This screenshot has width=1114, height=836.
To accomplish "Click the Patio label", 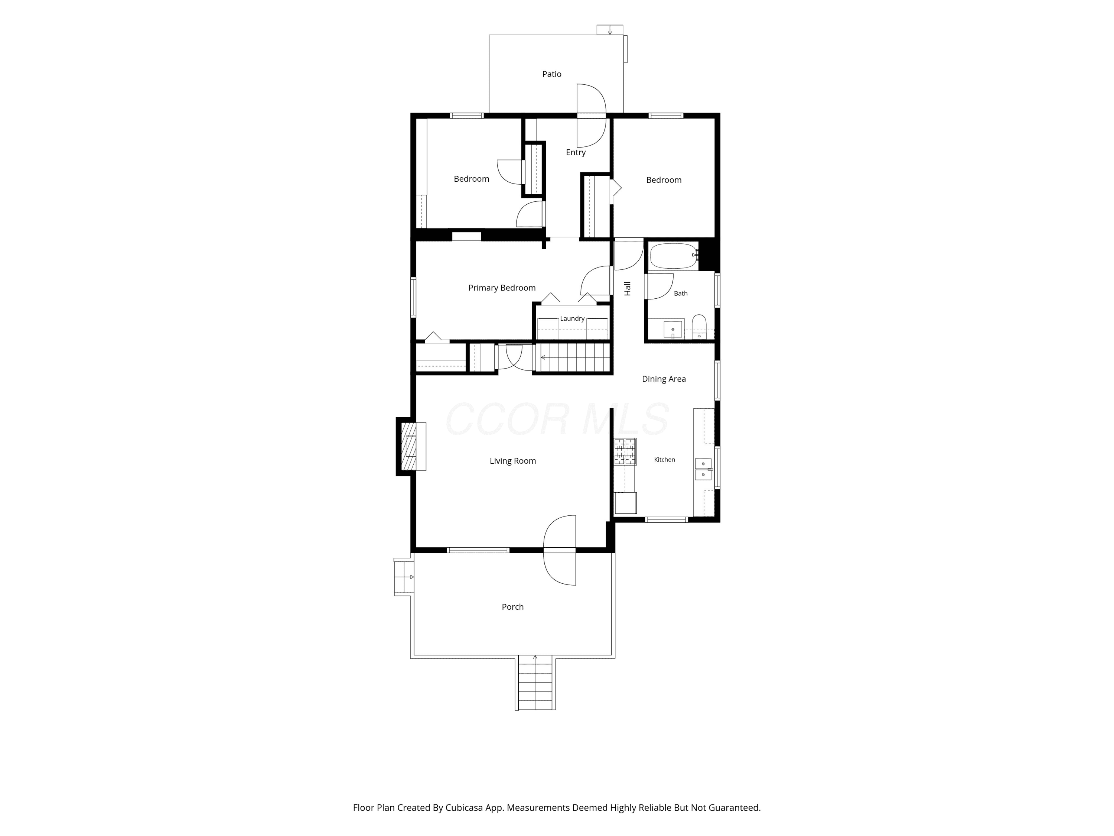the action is (x=551, y=74).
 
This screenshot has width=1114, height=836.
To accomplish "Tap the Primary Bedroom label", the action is (x=502, y=288).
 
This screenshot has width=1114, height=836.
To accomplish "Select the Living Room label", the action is (x=513, y=461).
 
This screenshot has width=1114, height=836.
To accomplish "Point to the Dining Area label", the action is (x=664, y=379).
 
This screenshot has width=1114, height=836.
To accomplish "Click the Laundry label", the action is (x=572, y=318).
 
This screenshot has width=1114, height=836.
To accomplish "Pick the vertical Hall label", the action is (x=628, y=288).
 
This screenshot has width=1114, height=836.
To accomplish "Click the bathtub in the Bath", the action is (x=673, y=256).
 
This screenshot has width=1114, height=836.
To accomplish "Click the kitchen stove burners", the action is (x=625, y=451).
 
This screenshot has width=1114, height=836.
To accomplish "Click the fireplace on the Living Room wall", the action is (x=410, y=446).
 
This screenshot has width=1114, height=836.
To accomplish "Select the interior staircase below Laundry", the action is (x=573, y=357).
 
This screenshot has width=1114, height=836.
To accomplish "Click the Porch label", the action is (x=513, y=607).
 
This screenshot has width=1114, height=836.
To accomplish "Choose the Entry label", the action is (x=576, y=152).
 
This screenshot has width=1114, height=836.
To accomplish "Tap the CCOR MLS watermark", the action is (x=557, y=419).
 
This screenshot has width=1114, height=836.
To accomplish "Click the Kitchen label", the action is (x=664, y=460).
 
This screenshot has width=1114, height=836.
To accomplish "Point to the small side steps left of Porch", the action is (x=403, y=577).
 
